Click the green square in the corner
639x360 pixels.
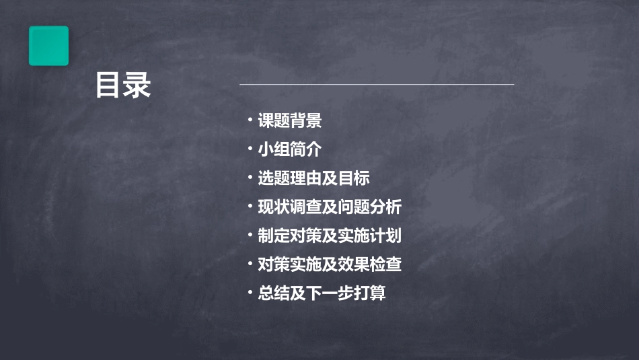point(48,46)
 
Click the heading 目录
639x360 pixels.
point(123,86)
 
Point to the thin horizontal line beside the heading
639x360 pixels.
point(377,85)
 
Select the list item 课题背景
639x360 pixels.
point(289,121)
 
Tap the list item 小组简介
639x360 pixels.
point(289,150)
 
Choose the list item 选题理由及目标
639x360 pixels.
point(313,178)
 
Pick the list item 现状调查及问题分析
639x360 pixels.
point(330,207)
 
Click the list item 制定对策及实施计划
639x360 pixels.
point(330,236)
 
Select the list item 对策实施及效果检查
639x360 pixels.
point(330,264)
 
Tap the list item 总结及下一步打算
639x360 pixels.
point(322,293)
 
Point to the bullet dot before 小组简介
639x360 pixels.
point(250,149)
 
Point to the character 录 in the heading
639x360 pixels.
point(137,86)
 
